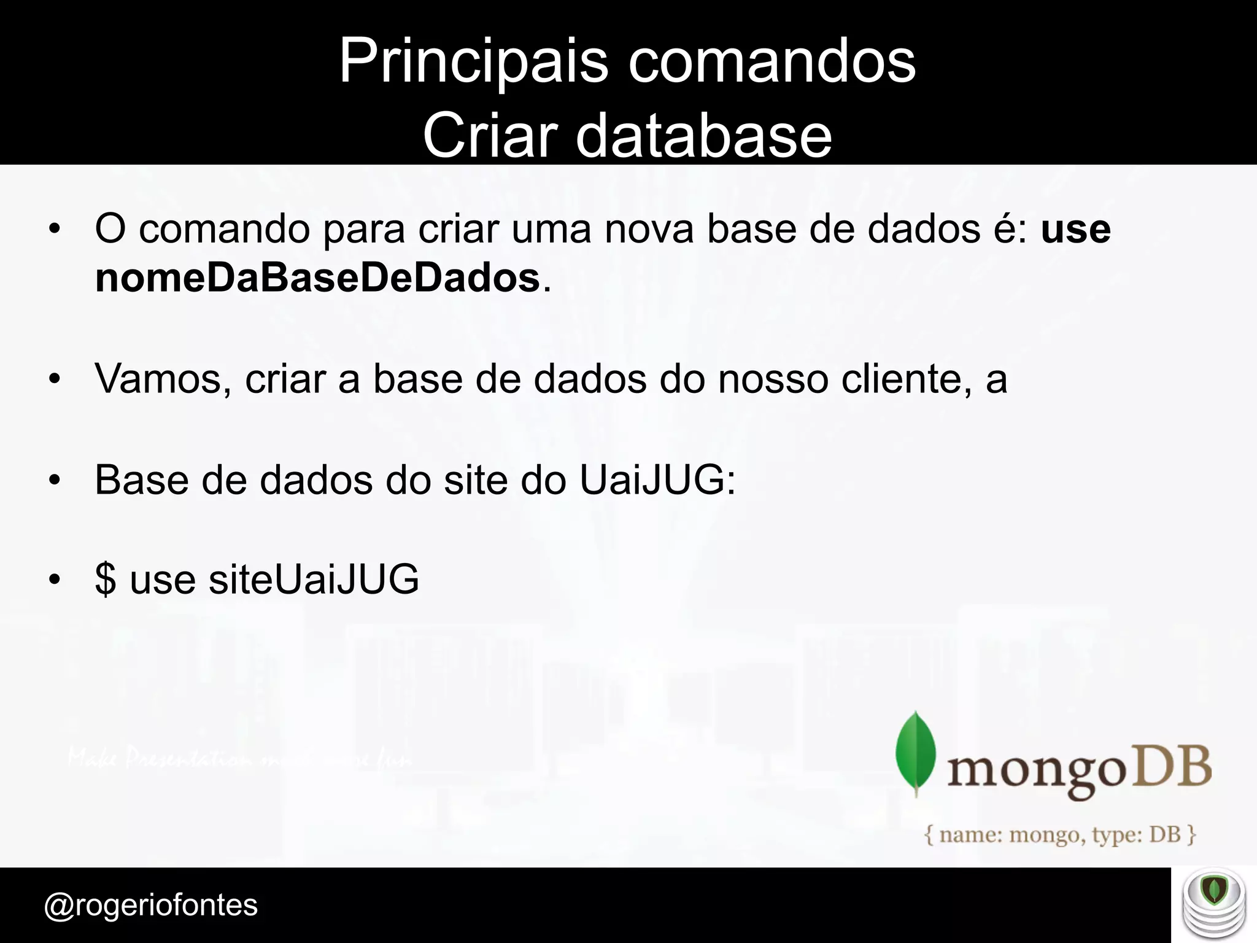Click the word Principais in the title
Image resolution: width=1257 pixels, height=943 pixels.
click(x=473, y=61)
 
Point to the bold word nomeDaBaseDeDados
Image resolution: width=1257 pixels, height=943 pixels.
click(x=317, y=278)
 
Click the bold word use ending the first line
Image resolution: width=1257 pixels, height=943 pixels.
click(x=1075, y=229)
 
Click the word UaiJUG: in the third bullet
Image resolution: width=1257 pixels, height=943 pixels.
click(x=657, y=480)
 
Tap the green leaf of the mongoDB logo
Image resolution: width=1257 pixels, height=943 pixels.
click(x=916, y=753)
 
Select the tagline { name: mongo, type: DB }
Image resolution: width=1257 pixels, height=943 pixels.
click(x=1060, y=835)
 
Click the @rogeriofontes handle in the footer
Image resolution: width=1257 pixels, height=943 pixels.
click(x=151, y=905)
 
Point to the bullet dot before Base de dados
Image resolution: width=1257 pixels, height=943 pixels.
click(x=55, y=481)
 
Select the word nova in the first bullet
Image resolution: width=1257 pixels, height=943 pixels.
click(x=649, y=229)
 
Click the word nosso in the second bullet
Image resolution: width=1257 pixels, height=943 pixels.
click(x=773, y=379)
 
